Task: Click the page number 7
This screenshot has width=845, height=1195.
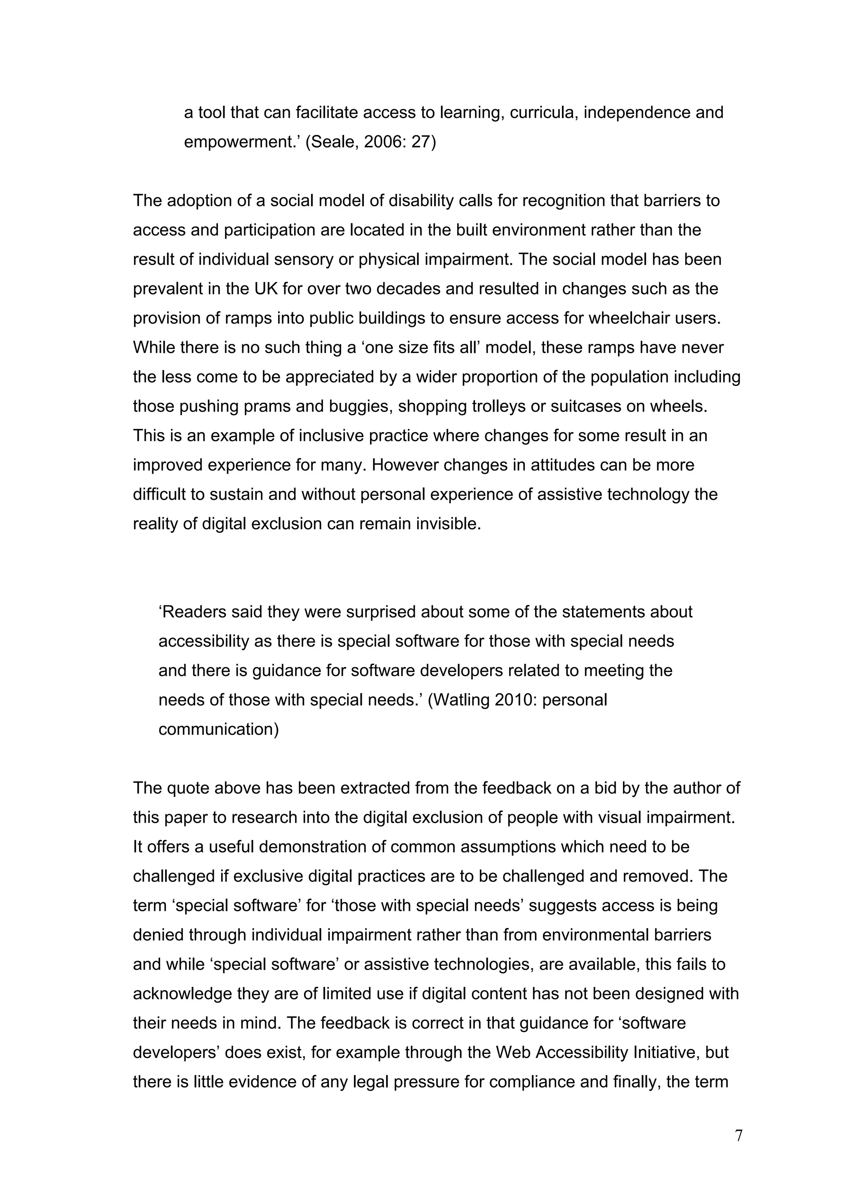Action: pyautogui.click(x=738, y=1135)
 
